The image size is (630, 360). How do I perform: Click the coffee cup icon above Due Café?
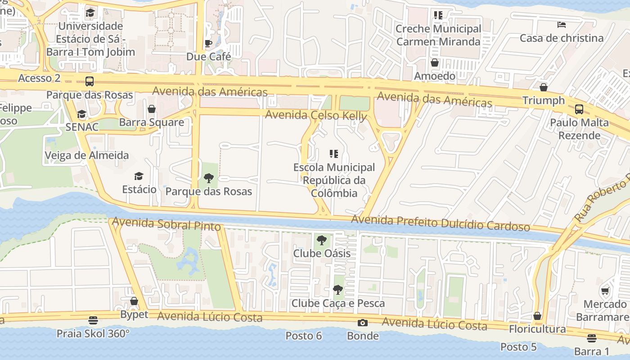(208, 43)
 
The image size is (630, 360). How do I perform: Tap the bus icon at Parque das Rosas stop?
(90, 81)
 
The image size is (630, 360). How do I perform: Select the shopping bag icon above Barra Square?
(152, 109)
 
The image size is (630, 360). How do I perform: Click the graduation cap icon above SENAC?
(81, 114)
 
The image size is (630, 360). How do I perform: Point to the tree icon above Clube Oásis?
(321, 240)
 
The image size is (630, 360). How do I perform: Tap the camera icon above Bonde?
(362, 323)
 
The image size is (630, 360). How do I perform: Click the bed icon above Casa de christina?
(561, 24)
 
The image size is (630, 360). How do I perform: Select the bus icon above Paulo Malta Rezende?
(579, 109)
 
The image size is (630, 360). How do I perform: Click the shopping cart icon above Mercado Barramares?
(605, 291)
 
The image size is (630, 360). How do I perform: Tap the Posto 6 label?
(304, 336)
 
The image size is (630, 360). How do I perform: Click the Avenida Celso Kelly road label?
(316, 115)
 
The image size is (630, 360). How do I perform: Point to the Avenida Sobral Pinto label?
(166, 224)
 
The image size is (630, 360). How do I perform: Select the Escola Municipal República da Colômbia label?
(334, 180)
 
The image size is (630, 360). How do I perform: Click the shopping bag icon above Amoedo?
(435, 63)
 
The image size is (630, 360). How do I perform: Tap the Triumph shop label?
(543, 100)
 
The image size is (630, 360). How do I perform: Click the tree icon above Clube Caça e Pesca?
(338, 290)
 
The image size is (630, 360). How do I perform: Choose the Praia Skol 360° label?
(93, 333)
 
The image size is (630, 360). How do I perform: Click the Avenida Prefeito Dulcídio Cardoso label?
(440, 223)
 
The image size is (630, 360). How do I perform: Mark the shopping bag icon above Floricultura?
(537, 316)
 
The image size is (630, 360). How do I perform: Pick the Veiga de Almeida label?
(86, 156)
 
